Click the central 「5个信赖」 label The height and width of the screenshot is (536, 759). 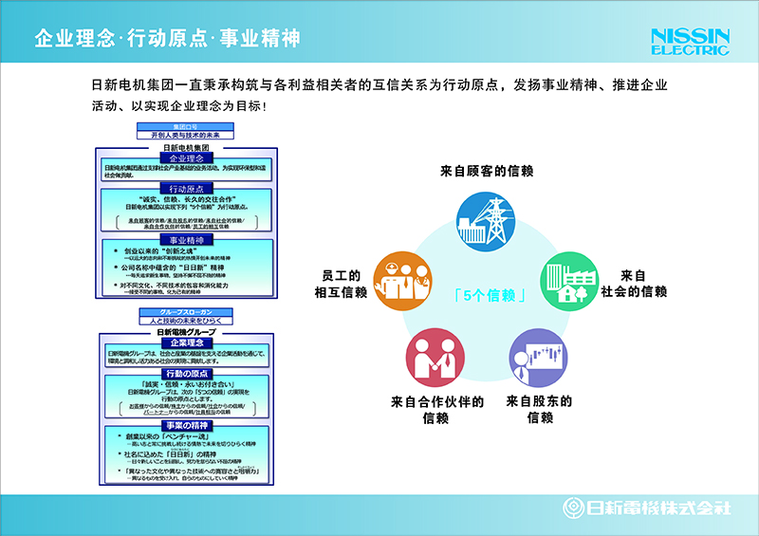487,294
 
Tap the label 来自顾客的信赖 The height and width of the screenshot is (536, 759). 487,171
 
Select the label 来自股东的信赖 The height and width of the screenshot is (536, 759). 539,409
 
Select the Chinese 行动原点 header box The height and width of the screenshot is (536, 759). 186,189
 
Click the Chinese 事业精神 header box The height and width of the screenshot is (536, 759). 186,242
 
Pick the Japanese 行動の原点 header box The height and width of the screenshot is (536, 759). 186,374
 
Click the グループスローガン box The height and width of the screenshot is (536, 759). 186,312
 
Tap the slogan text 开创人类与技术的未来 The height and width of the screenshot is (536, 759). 186,136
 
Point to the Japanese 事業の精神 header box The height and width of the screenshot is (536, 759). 186,426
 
